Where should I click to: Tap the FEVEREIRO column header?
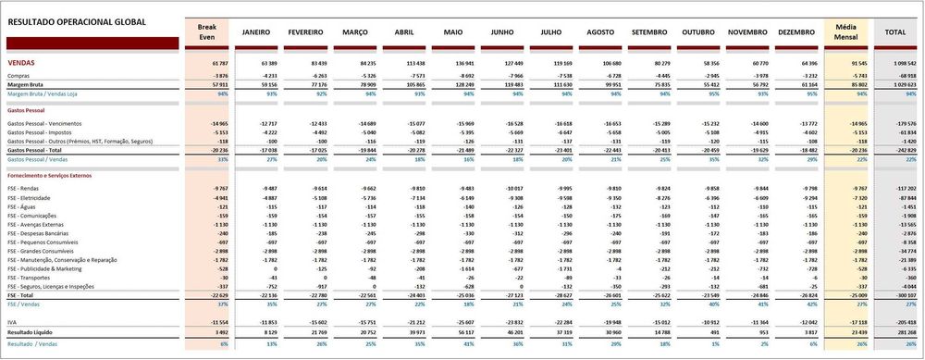pyautogui.click(x=305, y=32)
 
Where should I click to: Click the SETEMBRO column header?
pyautogui.click(x=650, y=32)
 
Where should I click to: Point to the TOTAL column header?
pyautogui.click(x=895, y=32)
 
